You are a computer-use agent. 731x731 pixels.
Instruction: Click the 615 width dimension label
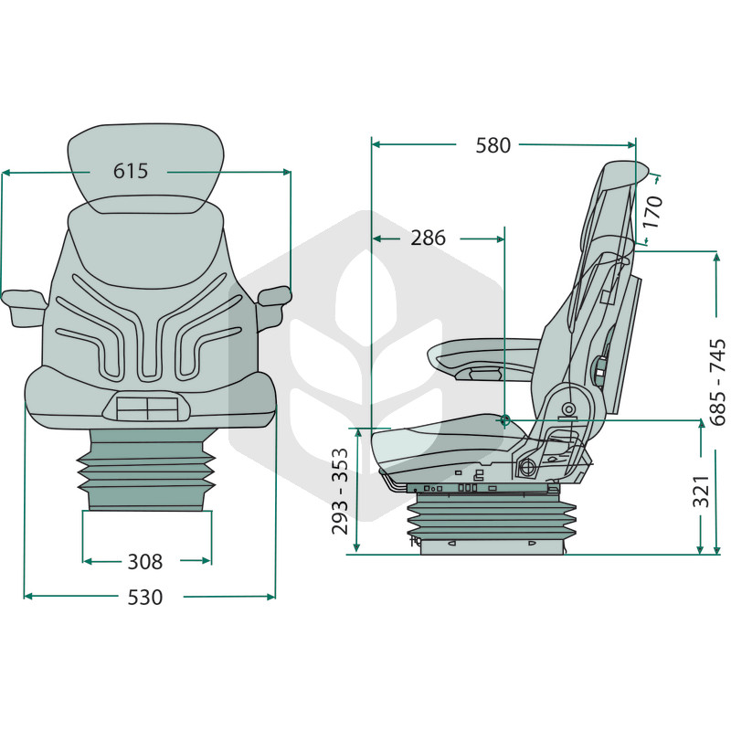click(131, 171)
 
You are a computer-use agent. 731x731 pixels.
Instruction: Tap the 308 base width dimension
click(145, 562)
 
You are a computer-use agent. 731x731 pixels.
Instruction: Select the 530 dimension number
click(145, 598)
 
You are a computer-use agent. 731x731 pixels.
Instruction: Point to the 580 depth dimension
click(493, 145)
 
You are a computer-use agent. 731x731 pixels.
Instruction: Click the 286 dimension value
click(428, 238)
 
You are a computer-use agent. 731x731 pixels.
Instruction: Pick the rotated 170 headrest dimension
click(652, 212)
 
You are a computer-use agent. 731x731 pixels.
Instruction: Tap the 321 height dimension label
click(700, 492)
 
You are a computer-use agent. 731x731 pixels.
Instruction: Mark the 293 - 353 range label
click(340, 491)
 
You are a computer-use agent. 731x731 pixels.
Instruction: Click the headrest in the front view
click(146, 168)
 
